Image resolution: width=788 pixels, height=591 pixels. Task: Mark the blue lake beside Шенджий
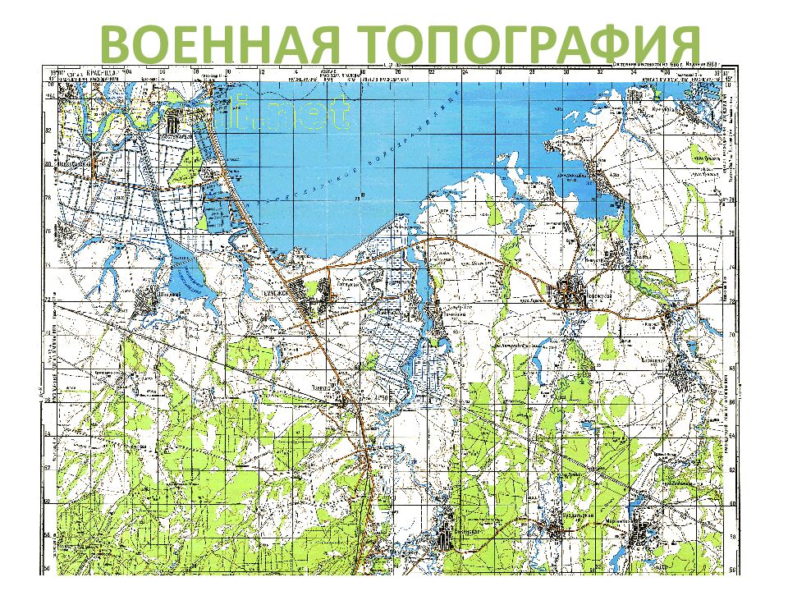(194, 283)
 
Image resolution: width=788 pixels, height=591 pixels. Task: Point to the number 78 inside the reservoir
(359, 198)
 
